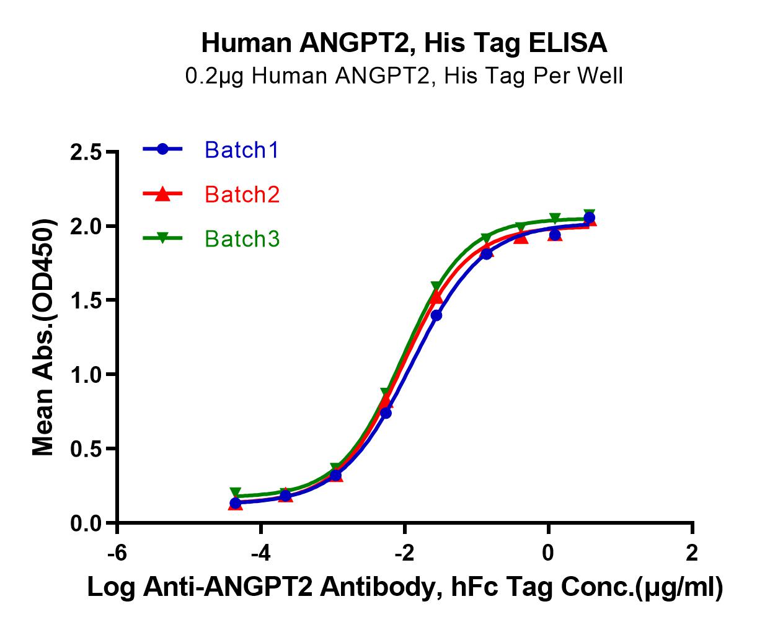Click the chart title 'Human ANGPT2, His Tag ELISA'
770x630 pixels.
(404, 43)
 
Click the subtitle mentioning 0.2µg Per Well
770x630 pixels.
(404, 76)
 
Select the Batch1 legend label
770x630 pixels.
(242, 150)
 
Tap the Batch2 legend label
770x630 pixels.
(242, 195)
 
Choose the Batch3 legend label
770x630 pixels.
(242, 238)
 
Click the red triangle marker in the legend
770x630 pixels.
(162, 195)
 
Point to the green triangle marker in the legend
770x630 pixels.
(162, 238)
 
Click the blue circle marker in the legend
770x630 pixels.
(162, 149)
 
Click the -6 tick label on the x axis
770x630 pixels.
(117, 552)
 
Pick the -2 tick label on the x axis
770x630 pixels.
(404, 552)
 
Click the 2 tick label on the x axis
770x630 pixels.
(692, 552)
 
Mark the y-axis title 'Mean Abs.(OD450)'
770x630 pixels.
(43, 338)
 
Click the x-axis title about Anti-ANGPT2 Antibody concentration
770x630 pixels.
(404, 587)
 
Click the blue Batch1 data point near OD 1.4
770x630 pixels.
(436, 315)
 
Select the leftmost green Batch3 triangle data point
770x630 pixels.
(236, 493)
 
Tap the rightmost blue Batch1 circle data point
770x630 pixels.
(589, 218)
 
